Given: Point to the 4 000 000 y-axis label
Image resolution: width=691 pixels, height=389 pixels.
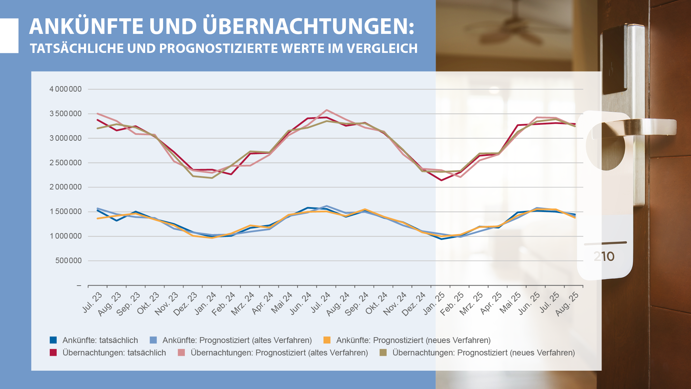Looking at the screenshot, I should (x=66, y=89).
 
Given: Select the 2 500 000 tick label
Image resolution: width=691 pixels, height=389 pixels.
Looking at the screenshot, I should (x=66, y=163).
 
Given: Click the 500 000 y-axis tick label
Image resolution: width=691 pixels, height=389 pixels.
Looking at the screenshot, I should (x=68, y=261).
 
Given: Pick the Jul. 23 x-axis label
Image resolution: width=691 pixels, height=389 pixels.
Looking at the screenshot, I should (x=93, y=302).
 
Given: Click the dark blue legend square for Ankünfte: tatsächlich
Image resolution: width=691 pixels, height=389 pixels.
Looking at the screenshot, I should (x=53, y=340).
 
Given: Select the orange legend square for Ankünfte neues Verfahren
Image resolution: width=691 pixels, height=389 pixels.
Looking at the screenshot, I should (x=327, y=340).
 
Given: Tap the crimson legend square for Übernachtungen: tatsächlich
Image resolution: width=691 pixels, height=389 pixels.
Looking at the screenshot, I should (x=53, y=353).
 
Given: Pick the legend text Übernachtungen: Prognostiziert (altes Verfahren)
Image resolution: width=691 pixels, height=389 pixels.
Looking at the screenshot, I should (x=279, y=353).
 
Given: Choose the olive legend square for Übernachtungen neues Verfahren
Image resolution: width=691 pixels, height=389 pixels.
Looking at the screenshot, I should (x=383, y=353).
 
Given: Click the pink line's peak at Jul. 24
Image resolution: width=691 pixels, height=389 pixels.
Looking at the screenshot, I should (x=326, y=110).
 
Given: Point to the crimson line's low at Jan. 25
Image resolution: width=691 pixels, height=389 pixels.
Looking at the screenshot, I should (x=441, y=180).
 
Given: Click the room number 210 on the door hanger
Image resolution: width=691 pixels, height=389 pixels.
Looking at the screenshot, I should (x=604, y=257).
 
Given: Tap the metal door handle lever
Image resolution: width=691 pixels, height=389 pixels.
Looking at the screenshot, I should (x=639, y=127).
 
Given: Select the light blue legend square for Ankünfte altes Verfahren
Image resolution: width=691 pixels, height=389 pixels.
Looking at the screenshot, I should (x=153, y=340).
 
